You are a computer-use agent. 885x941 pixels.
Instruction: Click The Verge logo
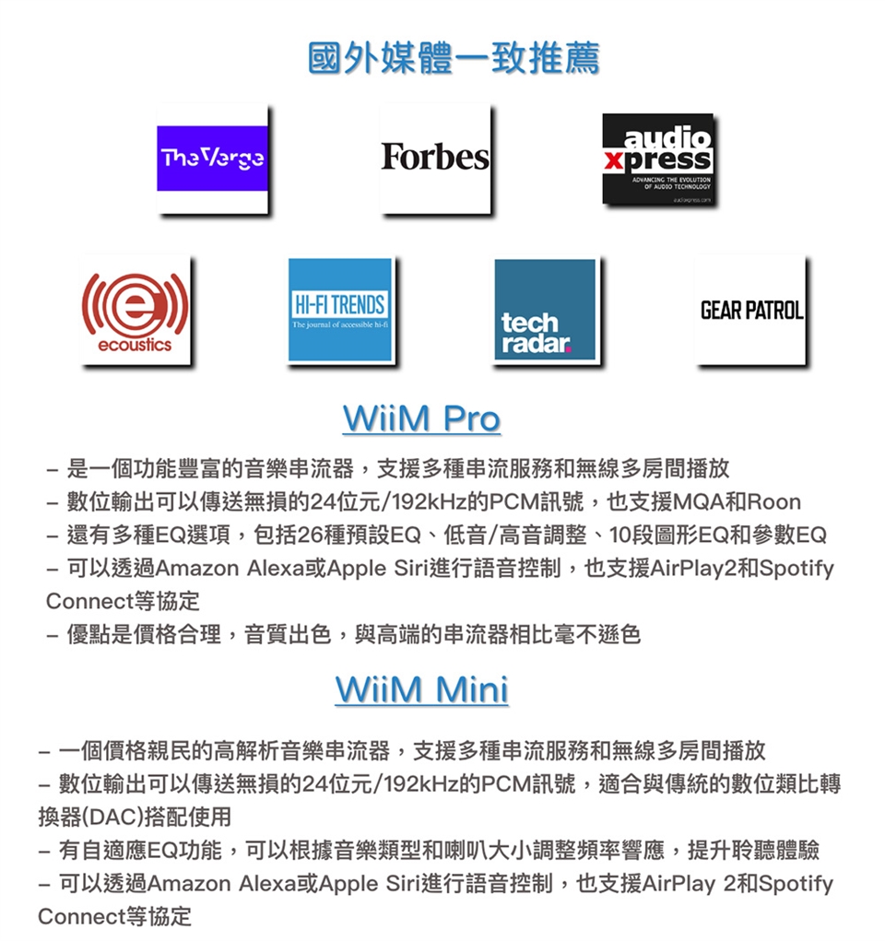coord(213,159)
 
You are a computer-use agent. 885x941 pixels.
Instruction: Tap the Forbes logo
coord(435,158)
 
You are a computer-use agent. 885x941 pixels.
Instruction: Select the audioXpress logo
coord(658,159)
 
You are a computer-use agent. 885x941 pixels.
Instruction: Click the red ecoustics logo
coord(136,311)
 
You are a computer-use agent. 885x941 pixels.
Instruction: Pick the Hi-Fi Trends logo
coord(340,310)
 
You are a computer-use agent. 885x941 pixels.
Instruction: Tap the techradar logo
coord(545,310)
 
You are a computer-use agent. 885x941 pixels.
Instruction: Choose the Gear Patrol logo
coord(751,311)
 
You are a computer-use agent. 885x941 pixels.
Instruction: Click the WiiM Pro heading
coord(421,418)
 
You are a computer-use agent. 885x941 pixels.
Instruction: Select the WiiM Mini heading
coord(422,689)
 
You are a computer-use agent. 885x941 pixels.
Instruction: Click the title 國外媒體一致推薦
coord(454,58)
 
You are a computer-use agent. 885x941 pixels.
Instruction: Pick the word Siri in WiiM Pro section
coord(411,568)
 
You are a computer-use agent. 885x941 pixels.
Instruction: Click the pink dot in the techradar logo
coord(567,349)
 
